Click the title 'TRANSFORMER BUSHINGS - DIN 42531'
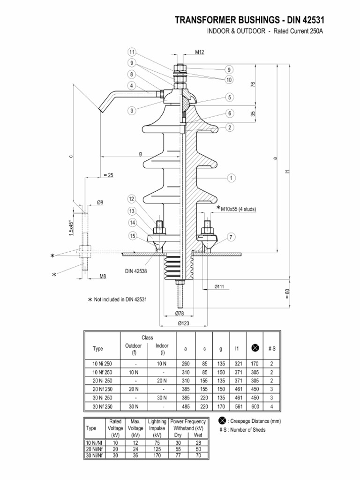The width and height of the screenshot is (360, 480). tap(249, 20)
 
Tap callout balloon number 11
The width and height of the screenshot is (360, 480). tap(132, 52)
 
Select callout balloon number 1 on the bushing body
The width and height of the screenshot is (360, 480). tap(231, 178)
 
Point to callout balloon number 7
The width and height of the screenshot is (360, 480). tap(231, 237)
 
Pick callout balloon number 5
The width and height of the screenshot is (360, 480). tap(229, 97)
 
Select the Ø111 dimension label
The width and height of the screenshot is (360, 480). tap(219, 286)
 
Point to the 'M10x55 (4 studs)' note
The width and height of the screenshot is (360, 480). tap(238, 209)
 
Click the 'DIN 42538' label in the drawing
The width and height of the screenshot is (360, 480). tap(136, 271)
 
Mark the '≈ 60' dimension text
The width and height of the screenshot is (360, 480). tap(287, 294)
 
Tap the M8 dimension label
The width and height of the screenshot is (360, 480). tap(103, 276)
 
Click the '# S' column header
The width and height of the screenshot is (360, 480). tap(271, 349)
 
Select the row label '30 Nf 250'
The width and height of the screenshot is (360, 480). tap(102, 406)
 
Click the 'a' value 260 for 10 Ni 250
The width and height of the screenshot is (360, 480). tap(186, 364)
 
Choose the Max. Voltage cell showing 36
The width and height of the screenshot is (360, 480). tap(135, 455)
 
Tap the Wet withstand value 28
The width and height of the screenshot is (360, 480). tap(198, 442)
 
